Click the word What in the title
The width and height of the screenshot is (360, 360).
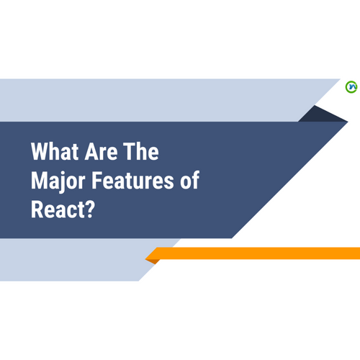click(54, 153)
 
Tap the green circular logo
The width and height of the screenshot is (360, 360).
click(351, 87)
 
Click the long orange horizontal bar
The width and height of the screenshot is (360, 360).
click(259, 253)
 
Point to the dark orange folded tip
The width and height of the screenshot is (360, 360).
click(152, 259)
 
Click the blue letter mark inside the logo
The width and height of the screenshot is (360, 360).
click(351, 87)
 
